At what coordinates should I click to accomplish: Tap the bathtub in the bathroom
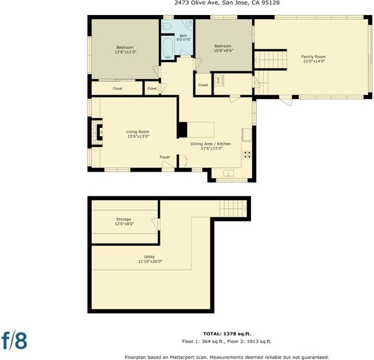(x=169, y=49)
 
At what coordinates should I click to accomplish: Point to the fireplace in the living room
(x=97, y=133)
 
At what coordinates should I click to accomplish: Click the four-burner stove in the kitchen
(x=247, y=154)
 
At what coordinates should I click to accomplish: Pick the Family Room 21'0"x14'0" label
(x=313, y=59)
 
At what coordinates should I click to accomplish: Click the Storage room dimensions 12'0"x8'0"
(x=124, y=224)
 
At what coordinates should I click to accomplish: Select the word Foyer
(x=165, y=157)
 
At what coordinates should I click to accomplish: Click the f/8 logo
(x=14, y=340)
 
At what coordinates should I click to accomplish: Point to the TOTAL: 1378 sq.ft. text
(x=227, y=334)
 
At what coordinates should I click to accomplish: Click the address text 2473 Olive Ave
(x=195, y=3)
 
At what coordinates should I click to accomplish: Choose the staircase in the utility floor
(x=233, y=209)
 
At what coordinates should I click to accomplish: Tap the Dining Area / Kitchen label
(x=211, y=144)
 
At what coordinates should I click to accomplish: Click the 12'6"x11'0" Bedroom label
(x=125, y=50)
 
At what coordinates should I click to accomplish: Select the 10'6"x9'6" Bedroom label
(x=223, y=48)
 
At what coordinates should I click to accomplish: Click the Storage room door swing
(x=155, y=224)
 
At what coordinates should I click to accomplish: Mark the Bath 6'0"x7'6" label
(x=184, y=38)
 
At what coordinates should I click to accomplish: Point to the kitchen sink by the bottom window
(x=229, y=173)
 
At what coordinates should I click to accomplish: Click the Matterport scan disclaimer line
(x=227, y=358)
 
